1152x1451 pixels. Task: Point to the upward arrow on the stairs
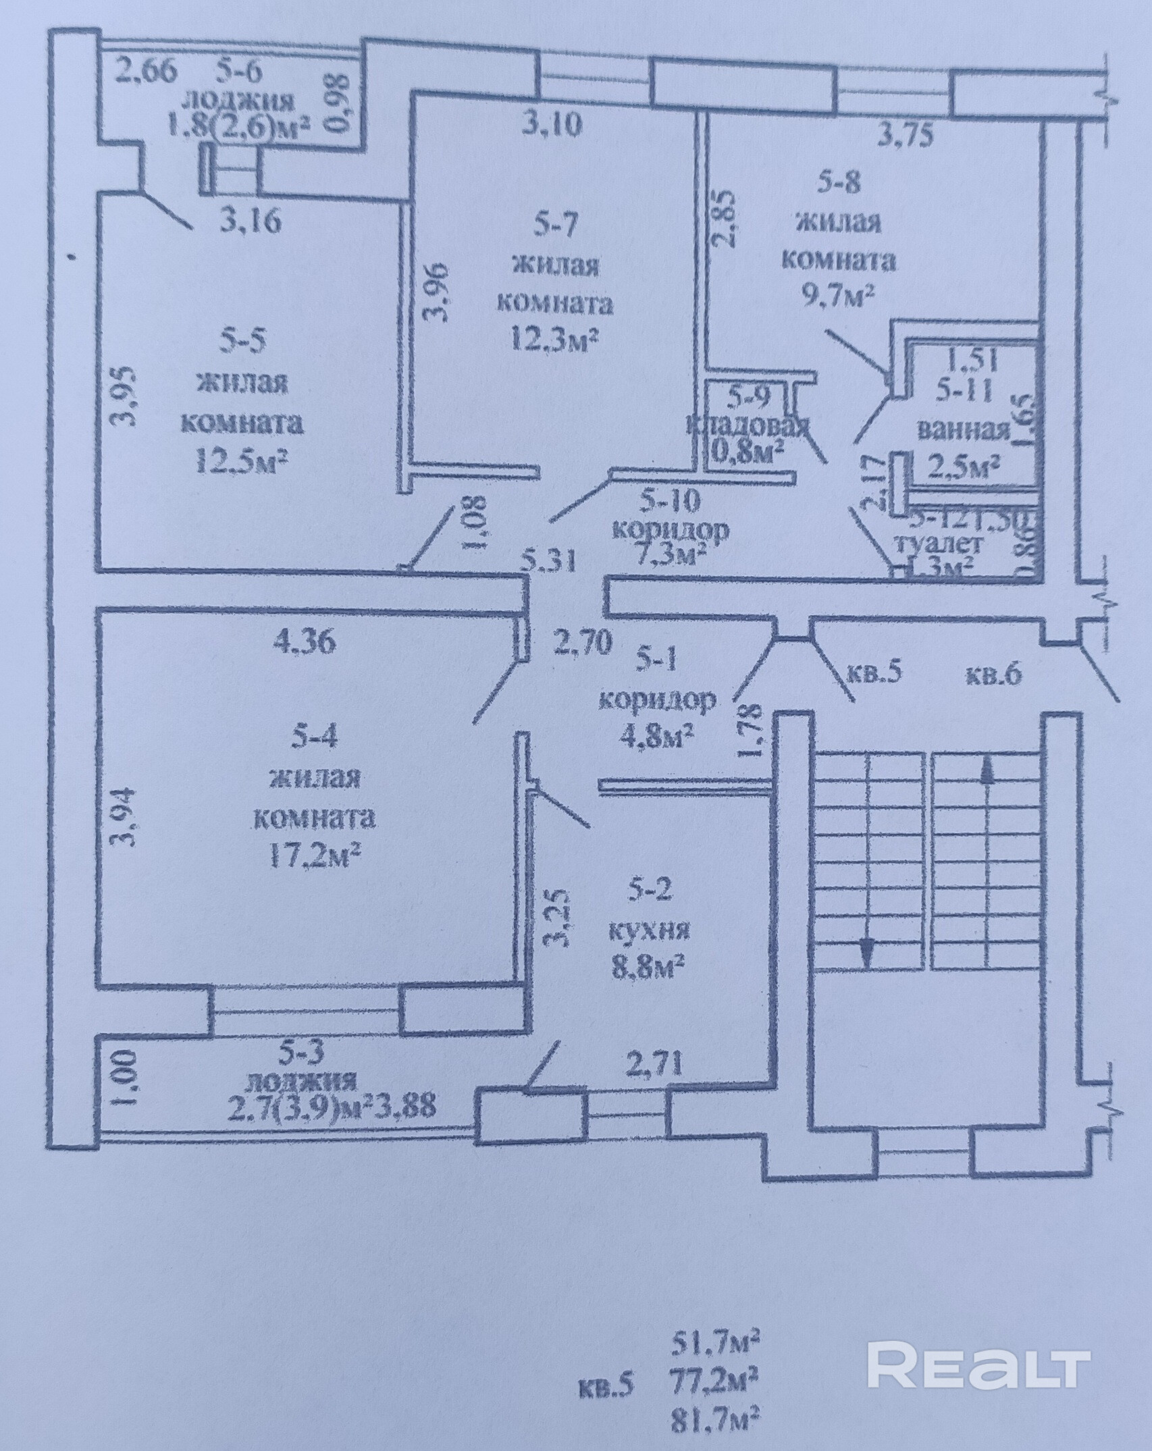point(987,770)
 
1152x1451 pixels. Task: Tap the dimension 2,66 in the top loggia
point(145,70)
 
